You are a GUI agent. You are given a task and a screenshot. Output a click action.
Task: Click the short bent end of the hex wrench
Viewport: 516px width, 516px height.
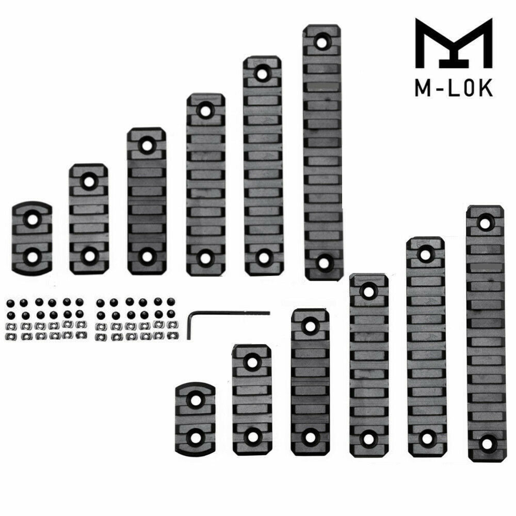point(191,325)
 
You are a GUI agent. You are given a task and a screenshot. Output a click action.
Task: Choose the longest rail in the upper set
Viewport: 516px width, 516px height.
point(323,152)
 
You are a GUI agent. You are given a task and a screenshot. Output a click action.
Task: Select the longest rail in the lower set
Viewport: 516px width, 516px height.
point(485,333)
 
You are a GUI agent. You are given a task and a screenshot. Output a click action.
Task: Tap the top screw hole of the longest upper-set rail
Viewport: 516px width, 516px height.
point(324,41)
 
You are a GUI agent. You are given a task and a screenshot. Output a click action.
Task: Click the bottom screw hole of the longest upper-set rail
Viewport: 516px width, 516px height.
point(324,263)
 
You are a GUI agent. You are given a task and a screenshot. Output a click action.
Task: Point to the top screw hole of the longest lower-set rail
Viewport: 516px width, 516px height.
point(485,222)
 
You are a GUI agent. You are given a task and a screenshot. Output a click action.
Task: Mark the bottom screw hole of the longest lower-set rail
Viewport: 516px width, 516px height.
point(485,443)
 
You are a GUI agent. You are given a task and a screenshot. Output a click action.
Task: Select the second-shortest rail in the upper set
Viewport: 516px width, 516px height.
point(89,219)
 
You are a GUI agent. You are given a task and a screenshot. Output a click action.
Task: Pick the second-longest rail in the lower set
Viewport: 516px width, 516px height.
point(426,347)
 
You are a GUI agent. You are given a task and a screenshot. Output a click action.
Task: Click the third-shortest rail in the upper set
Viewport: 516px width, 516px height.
point(147,201)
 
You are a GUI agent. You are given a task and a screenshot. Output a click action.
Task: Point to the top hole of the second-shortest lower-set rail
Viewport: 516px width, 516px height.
point(252,362)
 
